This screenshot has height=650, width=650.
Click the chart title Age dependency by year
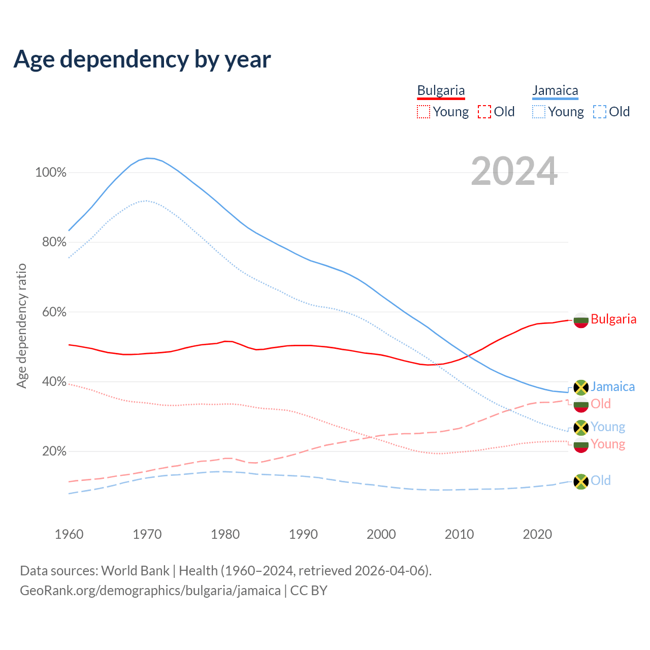[x=142, y=59]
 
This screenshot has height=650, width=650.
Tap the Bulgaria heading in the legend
[x=441, y=90]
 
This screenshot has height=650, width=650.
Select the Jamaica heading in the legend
[x=555, y=90]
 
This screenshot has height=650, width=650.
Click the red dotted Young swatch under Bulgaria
[x=423, y=112]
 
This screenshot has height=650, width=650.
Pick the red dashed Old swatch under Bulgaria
[x=484, y=112]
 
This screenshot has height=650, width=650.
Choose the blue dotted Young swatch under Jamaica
[x=539, y=112]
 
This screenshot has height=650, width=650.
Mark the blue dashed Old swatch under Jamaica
[x=600, y=112]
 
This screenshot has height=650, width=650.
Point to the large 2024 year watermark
[x=514, y=171]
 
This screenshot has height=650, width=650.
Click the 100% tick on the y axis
[x=51, y=173]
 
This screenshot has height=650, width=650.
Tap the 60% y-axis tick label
[x=54, y=312]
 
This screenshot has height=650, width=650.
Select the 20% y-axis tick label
[x=54, y=451]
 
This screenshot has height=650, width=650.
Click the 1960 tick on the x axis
[x=69, y=534]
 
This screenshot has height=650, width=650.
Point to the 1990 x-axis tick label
[x=303, y=534]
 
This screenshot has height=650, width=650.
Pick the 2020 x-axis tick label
[x=537, y=534]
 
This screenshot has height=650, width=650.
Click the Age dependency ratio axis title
[x=21, y=326]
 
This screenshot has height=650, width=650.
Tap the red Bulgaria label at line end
[x=613, y=319]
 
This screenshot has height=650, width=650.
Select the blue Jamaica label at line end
[x=612, y=386]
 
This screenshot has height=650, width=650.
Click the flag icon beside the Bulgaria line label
[x=581, y=320]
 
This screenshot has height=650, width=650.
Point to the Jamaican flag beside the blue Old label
[x=581, y=481]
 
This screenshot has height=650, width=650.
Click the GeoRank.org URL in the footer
[x=150, y=591]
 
